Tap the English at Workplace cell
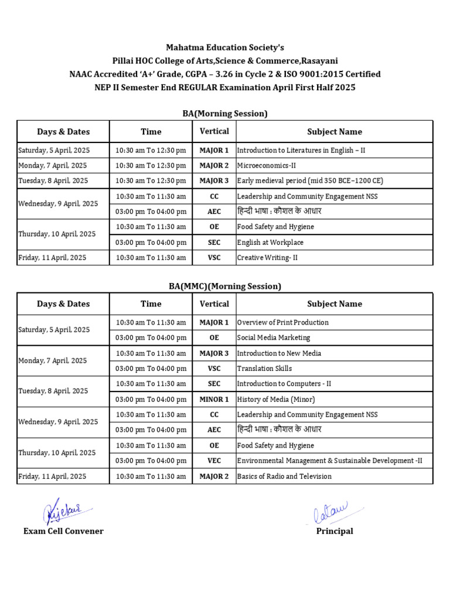click(270, 243)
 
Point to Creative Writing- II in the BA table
click(267, 258)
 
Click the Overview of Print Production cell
click(282, 323)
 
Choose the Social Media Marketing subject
click(274, 338)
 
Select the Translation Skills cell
click(264, 369)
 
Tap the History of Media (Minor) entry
click(276, 400)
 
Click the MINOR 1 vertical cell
click(214, 400)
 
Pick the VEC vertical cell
click(214, 461)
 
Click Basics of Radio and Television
click(284, 476)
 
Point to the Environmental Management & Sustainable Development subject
click(329, 461)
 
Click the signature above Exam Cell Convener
click(64, 511)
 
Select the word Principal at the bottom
click(335, 531)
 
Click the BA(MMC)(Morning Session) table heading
click(225, 287)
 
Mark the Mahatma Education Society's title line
click(225, 47)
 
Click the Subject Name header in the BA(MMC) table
click(335, 304)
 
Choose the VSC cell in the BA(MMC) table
click(214, 369)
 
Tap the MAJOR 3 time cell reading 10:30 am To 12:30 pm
click(151, 181)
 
